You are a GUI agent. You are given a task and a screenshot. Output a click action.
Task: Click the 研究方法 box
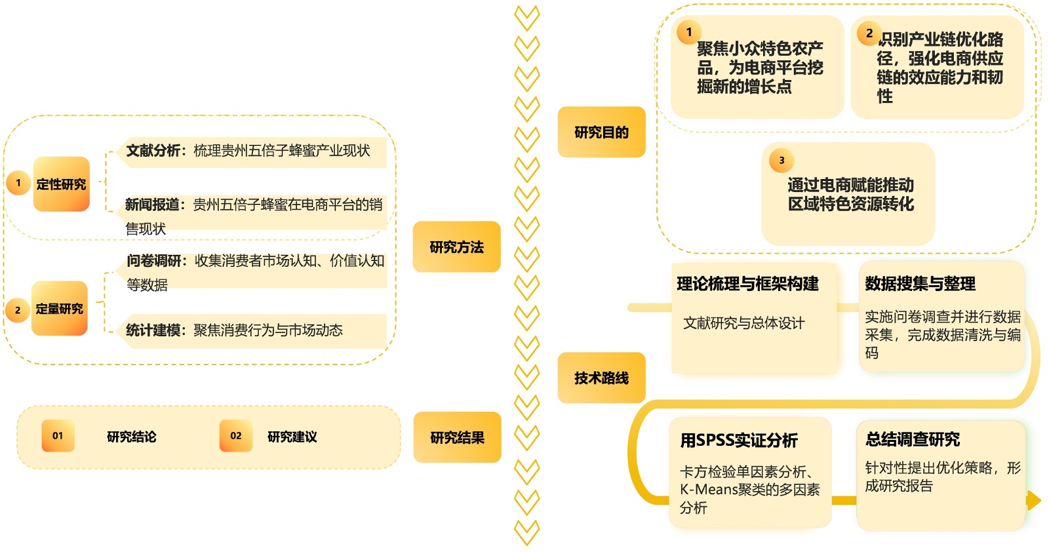click(x=456, y=247)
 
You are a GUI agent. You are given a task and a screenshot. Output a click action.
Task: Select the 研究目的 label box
click(x=601, y=132)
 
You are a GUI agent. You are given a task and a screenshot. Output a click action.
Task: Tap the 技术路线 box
click(x=601, y=378)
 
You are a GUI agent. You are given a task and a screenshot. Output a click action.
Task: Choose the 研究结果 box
click(x=457, y=437)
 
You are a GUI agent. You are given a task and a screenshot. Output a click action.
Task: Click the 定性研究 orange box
click(x=61, y=184)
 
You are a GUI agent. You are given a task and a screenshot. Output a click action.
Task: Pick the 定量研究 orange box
click(x=59, y=309)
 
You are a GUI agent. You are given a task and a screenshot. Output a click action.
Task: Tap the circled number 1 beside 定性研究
click(x=18, y=183)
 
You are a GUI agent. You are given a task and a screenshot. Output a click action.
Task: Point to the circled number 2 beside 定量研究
click(x=18, y=310)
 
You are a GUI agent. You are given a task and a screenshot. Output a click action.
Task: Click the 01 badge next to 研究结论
click(x=58, y=436)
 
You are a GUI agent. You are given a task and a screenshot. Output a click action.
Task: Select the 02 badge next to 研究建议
click(x=235, y=436)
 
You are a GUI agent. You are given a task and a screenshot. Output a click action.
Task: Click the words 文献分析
click(x=153, y=151)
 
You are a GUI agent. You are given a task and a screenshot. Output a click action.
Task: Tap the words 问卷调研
click(x=153, y=261)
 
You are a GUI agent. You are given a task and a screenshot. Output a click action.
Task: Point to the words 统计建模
click(x=153, y=330)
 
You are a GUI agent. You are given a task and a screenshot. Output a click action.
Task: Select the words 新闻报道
click(x=152, y=205)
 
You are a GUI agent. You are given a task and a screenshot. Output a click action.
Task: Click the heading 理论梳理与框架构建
click(x=747, y=284)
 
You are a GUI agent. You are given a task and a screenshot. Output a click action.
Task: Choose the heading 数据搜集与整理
click(x=920, y=284)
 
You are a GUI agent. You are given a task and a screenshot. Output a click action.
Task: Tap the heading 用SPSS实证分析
click(x=738, y=440)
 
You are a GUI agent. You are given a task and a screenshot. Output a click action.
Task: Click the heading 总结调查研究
click(x=912, y=439)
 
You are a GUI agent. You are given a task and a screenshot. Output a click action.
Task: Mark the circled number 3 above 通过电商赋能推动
click(x=782, y=160)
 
